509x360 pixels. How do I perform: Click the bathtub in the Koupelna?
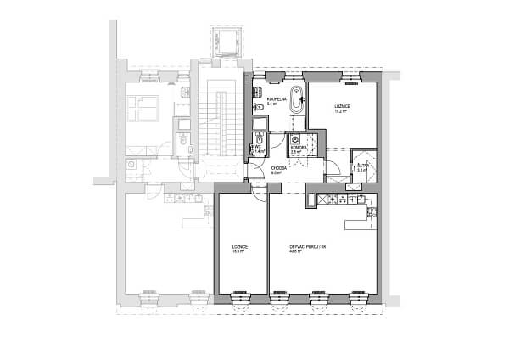(x=296, y=99)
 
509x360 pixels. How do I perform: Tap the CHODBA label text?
(x=277, y=170)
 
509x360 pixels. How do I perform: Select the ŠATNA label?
(x=361, y=167)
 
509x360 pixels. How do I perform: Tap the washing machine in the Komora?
(x=294, y=139)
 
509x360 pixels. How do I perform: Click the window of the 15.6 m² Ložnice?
(x=241, y=298)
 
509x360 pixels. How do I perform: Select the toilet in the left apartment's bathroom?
(x=184, y=146)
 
